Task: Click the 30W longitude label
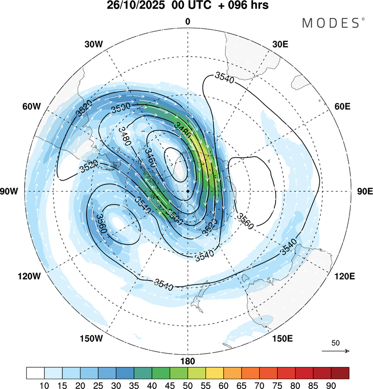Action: coord(93,44)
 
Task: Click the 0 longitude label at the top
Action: coord(188,21)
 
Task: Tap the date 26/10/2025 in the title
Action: coord(135,7)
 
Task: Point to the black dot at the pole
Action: coord(188,192)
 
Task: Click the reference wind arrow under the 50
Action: coord(336,351)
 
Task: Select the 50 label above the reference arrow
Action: coord(336,343)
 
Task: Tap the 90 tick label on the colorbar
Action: coord(331,384)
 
